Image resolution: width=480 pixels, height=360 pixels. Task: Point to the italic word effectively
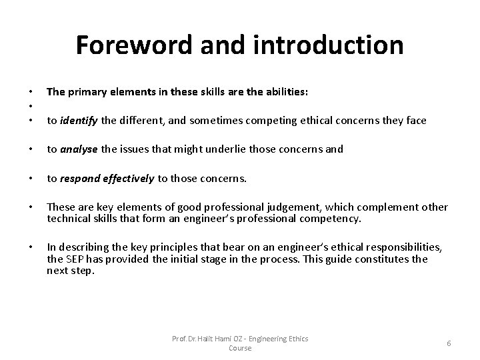coord(128,178)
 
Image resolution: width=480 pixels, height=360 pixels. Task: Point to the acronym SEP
coord(75,259)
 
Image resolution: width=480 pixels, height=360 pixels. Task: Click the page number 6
coord(449,343)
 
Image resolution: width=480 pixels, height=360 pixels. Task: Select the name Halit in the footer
coord(205,339)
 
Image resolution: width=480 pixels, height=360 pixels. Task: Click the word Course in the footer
coord(240,349)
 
